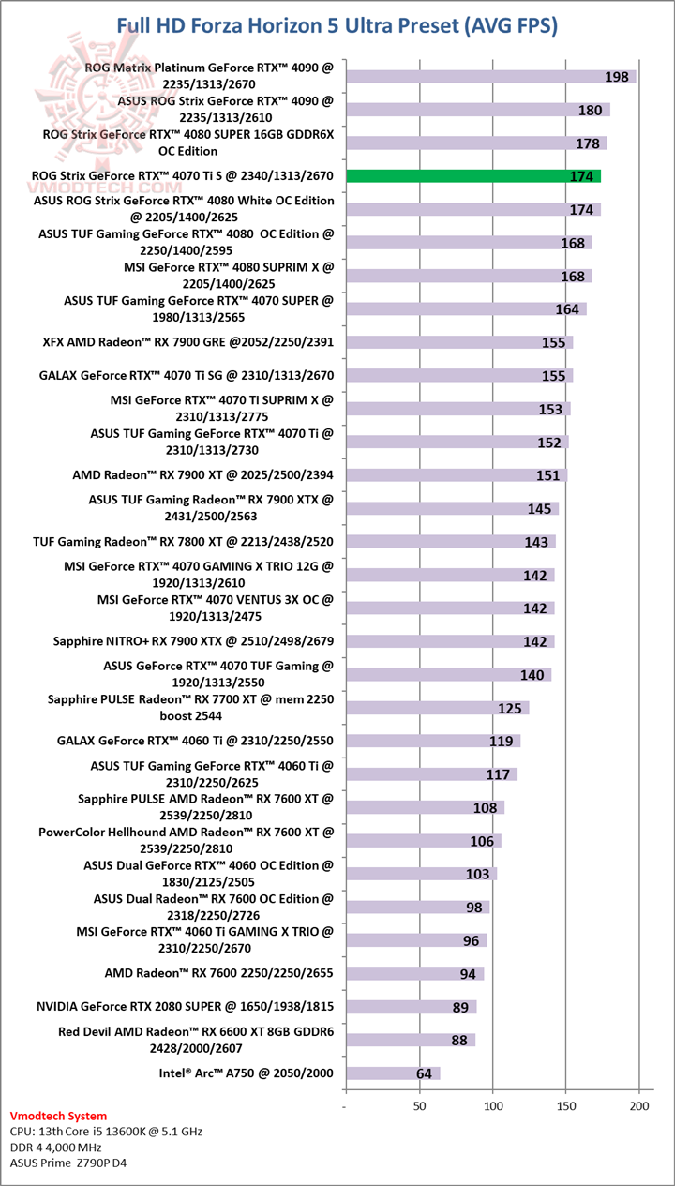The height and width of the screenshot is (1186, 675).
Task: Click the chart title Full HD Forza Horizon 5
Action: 337,25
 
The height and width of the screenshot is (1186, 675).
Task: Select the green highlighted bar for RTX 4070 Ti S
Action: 473,176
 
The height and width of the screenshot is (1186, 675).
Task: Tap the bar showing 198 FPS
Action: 490,77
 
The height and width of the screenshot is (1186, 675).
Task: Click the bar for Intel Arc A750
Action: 392,1073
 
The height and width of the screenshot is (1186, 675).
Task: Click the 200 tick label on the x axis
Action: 639,1107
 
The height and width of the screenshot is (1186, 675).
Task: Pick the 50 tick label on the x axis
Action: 419,1107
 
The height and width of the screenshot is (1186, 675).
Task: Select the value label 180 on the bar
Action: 590,111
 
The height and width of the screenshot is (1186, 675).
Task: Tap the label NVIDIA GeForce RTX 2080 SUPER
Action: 185,1007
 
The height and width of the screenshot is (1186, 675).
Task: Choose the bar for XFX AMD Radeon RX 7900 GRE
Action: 459,342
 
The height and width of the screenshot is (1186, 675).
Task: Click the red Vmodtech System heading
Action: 58,1117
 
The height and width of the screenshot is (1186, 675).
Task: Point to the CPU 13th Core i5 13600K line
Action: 106,1132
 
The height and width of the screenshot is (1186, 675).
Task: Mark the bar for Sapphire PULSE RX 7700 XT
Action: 437,708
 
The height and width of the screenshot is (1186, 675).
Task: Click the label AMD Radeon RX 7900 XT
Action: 202,475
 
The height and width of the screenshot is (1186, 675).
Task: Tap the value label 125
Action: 510,709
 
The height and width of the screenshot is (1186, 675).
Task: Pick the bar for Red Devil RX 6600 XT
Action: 410,1040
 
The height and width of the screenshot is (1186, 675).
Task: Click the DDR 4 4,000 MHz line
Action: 67,1148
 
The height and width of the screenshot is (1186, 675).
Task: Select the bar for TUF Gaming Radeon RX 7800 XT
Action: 450,542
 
